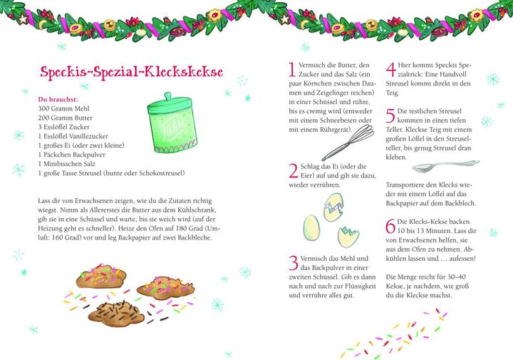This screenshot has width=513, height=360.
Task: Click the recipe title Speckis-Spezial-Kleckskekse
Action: coord(131,73)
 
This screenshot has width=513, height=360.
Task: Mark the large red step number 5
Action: coord(390,115)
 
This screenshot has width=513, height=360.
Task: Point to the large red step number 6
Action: coord(390,227)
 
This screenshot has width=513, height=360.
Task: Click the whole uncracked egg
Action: coord(311,227)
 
